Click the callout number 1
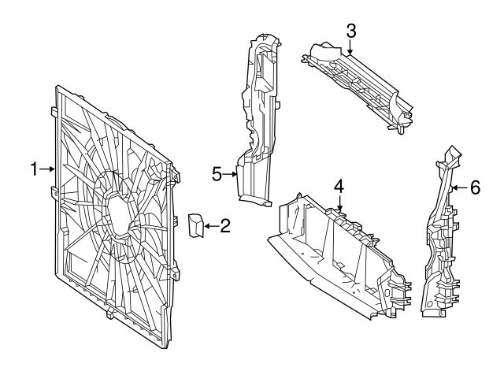click(34, 168)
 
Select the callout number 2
click(224, 228)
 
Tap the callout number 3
click(351, 32)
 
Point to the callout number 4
click(339, 187)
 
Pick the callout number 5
click(218, 175)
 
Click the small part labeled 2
click(195, 224)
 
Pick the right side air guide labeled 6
click(441, 236)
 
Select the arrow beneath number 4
click(339, 204)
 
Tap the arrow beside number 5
click(232, 175)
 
